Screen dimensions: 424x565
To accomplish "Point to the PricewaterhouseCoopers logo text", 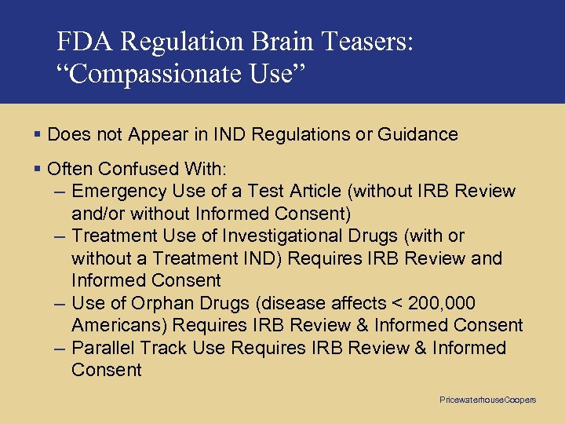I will tap(488, 400).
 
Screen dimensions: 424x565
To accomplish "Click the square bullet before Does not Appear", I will tap(38, 134).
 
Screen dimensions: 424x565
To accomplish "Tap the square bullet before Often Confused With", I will tap(38, 169).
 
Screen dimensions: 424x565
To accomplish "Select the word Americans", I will tap(118, 325).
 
